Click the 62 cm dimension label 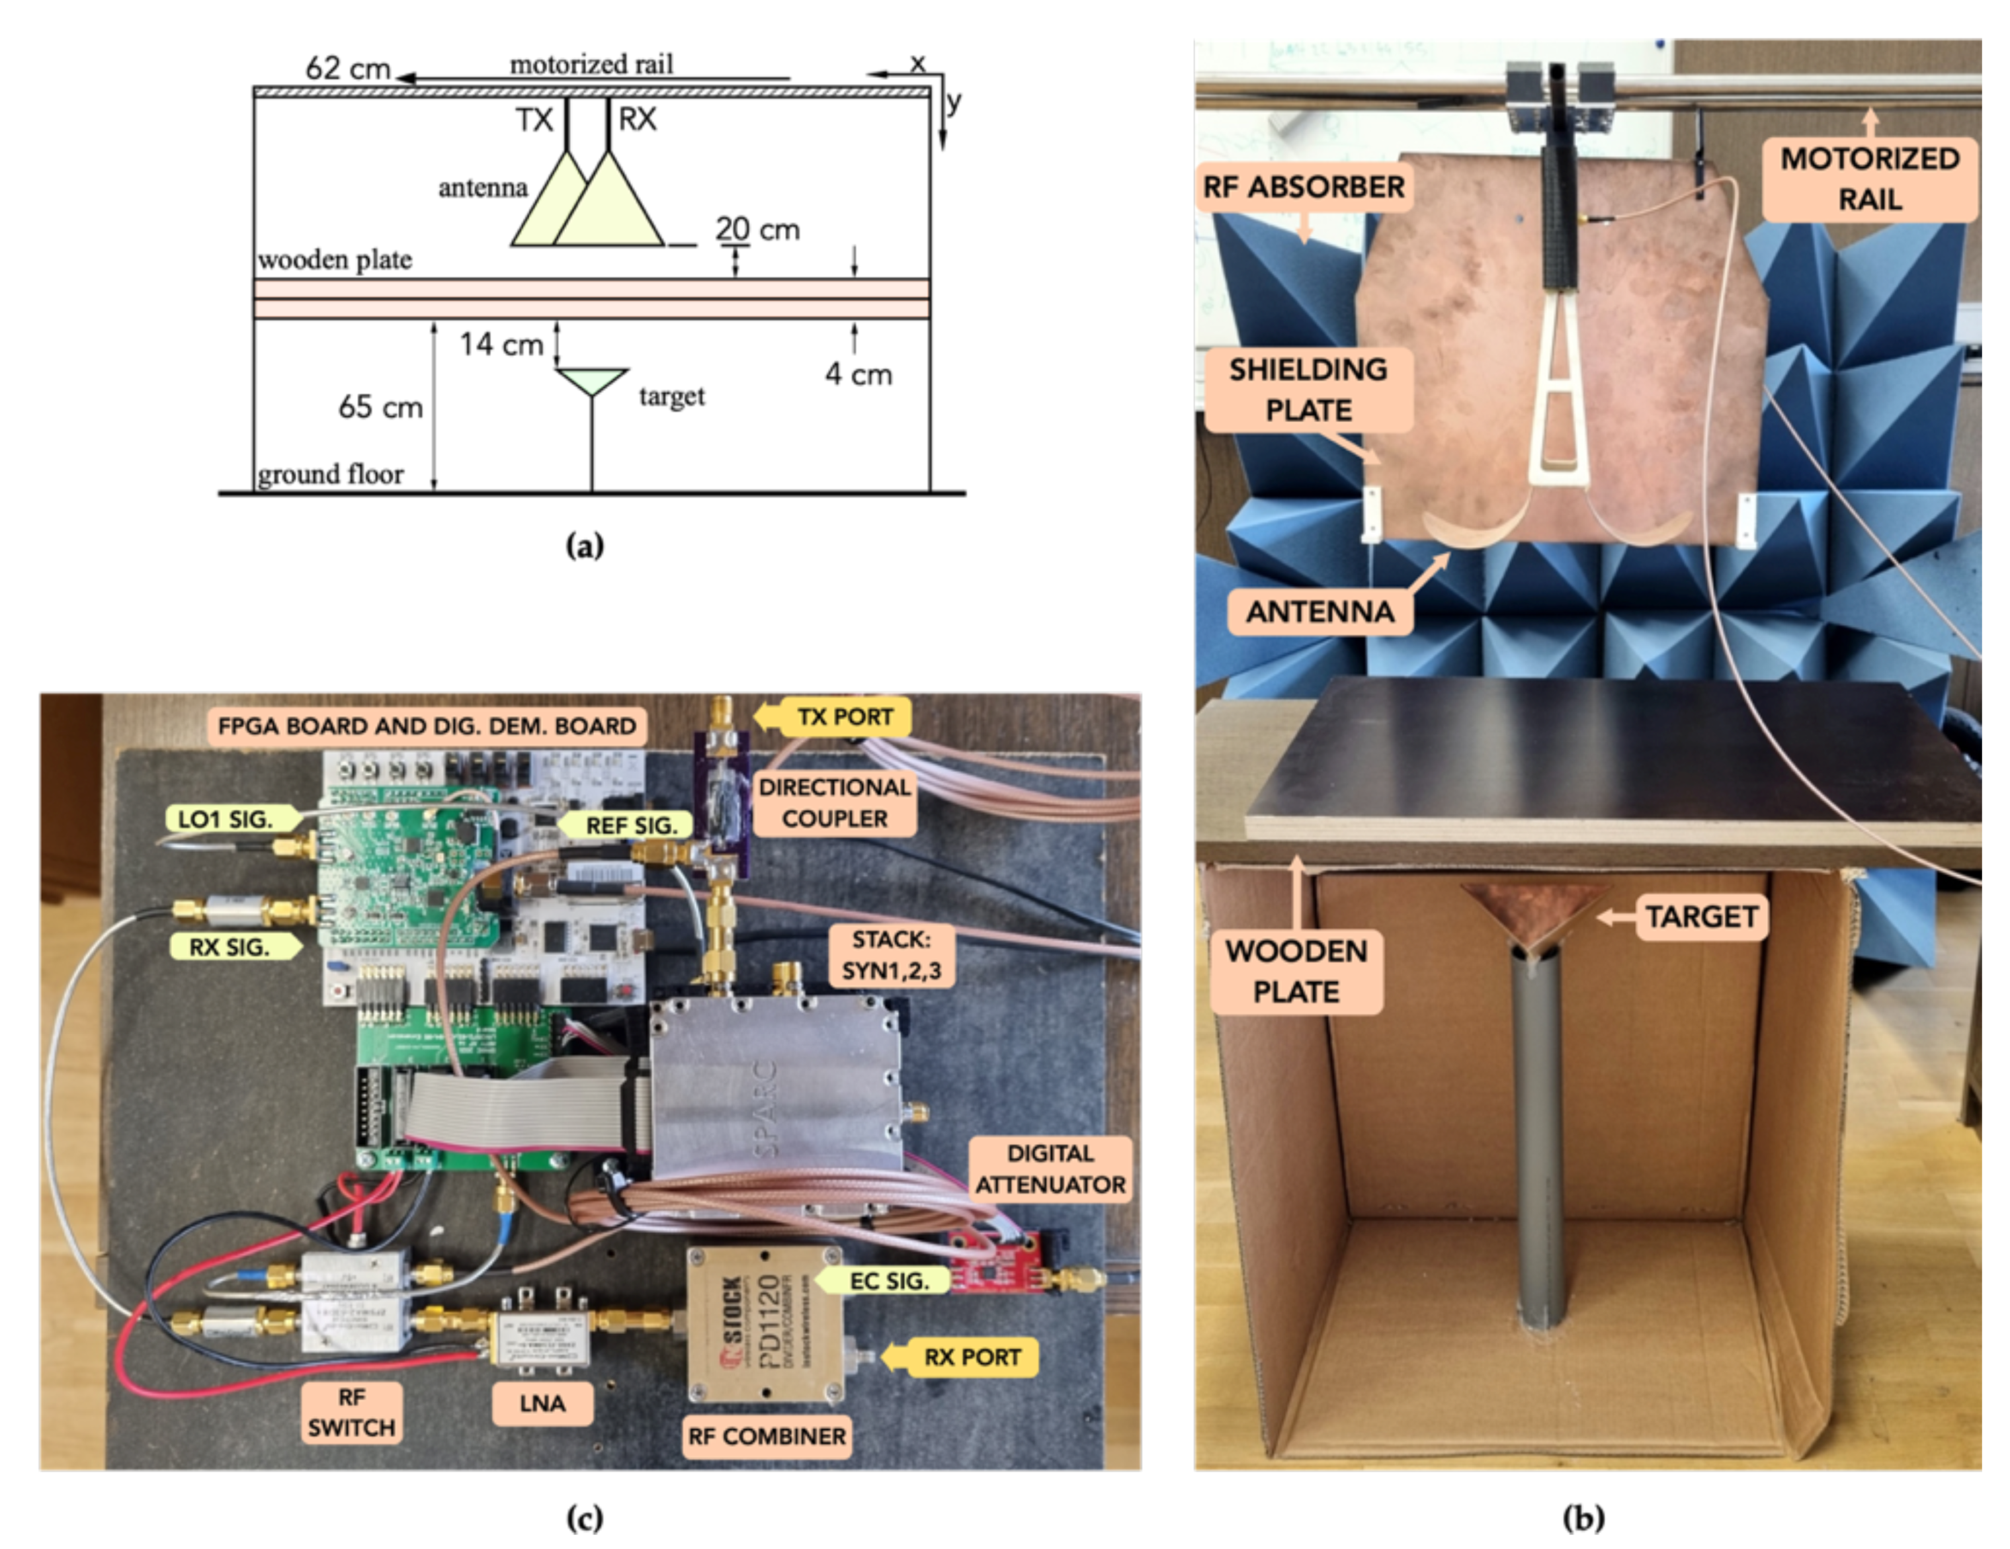click(x=347, y=68)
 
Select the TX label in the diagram click(x=534, y=120)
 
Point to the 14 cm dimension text click(x=501, y=344)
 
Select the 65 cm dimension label click(x=380, y=407)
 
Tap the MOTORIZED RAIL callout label click(x=1869, y=179)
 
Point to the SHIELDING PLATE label click(x=1308, y=390)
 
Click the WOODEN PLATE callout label click(x=1296, y=971)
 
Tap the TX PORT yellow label click(x=844, y=716)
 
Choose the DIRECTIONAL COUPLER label click(x=835, y=802)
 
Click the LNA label click(x=542, y=1403)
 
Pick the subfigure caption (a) click(x=585, y=547)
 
